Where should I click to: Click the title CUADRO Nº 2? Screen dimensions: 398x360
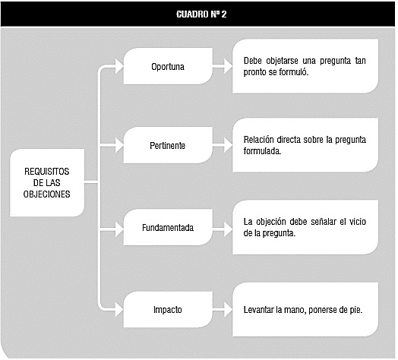pos(201,14)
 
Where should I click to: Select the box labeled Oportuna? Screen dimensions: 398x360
pos(168,66)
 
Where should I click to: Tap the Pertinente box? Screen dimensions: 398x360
pos(168,145)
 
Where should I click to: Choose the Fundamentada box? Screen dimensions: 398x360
pos(168,227)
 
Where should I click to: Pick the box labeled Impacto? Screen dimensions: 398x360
pos(168,309)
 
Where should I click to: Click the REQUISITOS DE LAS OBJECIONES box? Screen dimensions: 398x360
pos(47,182)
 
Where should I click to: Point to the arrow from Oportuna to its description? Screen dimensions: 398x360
pos(223,66)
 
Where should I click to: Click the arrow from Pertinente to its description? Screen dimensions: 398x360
pos(223,145)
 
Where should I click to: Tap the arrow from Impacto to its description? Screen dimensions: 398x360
pos(223,309)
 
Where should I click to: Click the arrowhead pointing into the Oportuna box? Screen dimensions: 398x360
pos(119,66)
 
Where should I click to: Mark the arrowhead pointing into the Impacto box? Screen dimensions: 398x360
pos(119,309)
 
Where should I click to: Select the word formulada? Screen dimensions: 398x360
pos(262,151)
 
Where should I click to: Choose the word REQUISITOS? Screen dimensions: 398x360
pos(46,172)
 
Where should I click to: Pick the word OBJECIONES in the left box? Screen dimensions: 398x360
pos(46,194)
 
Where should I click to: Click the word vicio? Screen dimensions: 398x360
pos(358,222)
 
